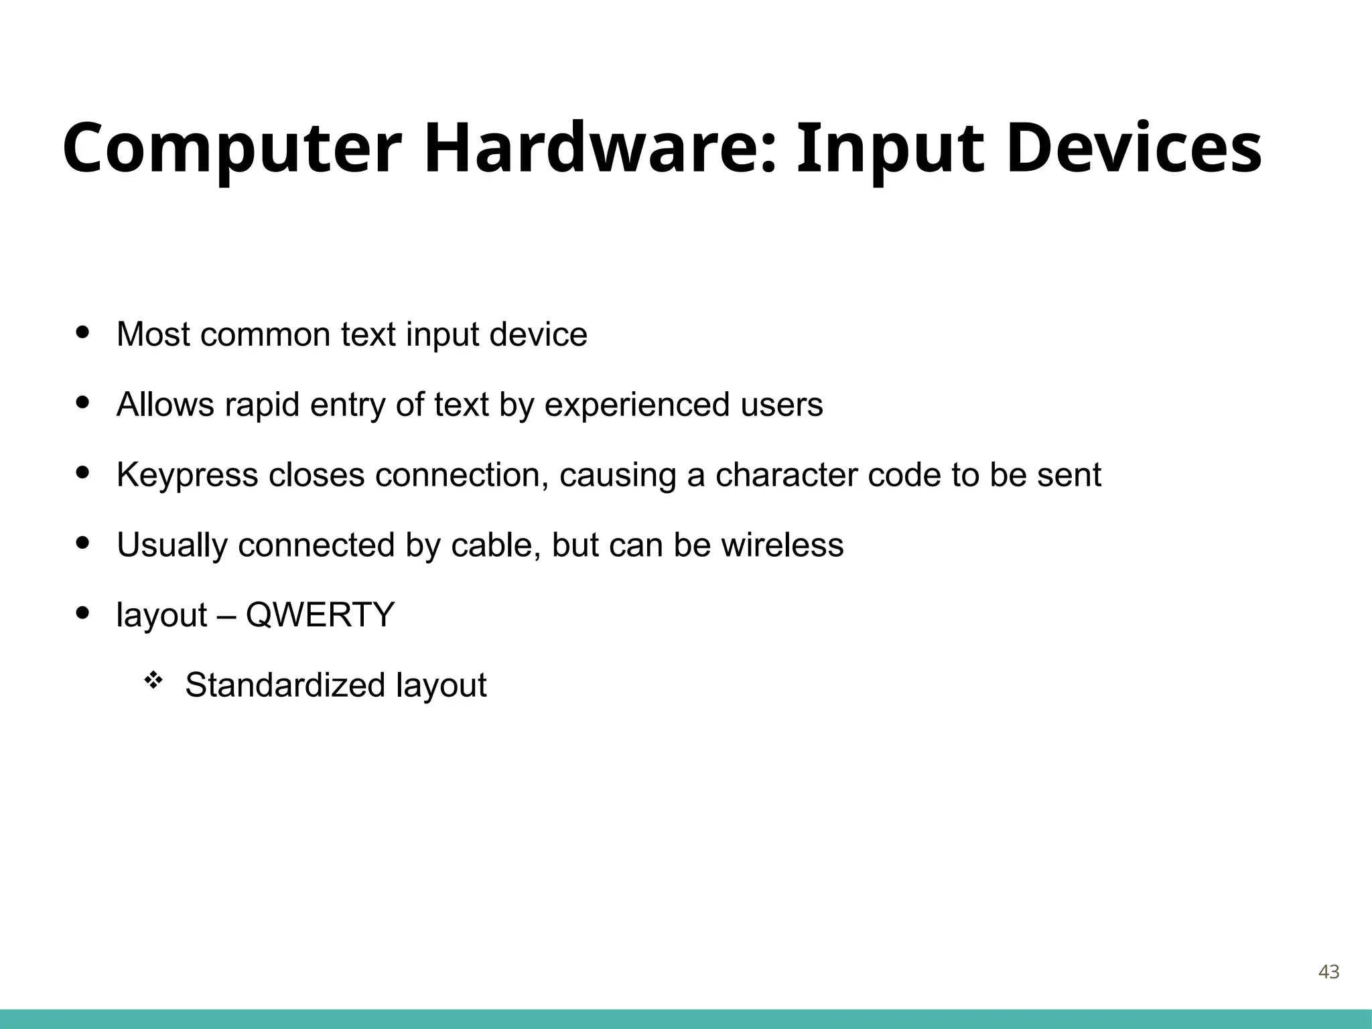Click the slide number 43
[1328, 972]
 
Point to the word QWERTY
[320, 614]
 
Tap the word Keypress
[187, 476]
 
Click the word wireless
[782, 545]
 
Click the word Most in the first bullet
[153, 334]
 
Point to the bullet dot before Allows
[83, 403]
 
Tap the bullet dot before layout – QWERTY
[83, 613]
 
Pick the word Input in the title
[891, 149]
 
